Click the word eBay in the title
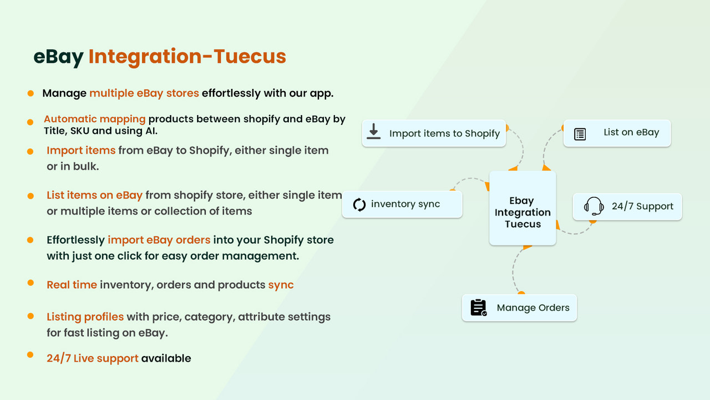58,57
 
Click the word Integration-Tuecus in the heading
187,57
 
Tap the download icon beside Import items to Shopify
374,132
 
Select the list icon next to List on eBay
580,134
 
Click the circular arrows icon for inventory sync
359,204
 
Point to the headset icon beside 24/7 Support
594,206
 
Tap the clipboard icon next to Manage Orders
478,308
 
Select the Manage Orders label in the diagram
533,308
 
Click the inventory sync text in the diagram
405,204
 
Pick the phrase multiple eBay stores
144,93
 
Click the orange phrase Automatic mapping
94,119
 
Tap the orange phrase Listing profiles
85,317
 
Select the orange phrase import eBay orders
159,240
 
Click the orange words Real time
72,284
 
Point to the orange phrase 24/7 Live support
92,358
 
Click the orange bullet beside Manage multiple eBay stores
31,93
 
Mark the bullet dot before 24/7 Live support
31,354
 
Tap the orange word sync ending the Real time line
281,284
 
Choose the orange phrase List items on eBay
94,195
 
